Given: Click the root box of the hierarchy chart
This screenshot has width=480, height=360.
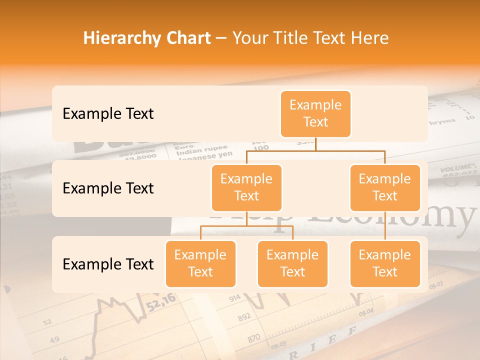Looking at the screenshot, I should [315, 113].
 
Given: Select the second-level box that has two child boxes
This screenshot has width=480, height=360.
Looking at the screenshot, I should [246, 187].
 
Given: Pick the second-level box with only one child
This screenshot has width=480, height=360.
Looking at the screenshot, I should [385, 187].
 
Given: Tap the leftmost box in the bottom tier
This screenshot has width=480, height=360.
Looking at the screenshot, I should [200, 263].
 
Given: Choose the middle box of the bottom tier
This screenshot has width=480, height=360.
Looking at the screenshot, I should [292, 263].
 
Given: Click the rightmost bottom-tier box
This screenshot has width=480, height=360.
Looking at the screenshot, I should [385, 263].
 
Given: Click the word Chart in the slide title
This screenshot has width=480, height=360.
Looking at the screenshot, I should [186, 38].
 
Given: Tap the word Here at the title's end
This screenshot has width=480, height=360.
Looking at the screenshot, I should [370, 38].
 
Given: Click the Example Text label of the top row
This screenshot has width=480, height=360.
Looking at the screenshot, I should [108, 113].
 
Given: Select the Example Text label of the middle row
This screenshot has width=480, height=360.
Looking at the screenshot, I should [108, 188].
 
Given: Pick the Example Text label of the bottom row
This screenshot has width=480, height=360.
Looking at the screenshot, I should [108, 264].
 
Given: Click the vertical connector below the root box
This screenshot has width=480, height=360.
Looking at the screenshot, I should [315, 144].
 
